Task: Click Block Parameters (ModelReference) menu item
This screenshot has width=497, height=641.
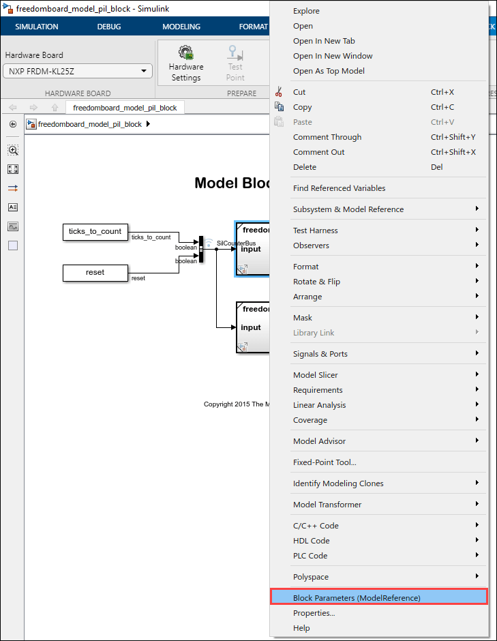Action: pyautogui.click(x=357, y=597)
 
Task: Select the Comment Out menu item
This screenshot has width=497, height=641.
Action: pyautogui.click(x=318, y=152)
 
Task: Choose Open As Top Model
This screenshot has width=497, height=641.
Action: pyautogui.click(x=329, y=71)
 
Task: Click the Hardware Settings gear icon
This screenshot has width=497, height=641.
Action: pyautogui.click(x=186, y=54)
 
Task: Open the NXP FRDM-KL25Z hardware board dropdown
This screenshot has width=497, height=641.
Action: pyautogui.click(x=78, y=71)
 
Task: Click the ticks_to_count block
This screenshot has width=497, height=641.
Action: pyautogui.click(x=95, y=232)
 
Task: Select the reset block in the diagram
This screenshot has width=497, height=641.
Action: pyautogui.click(x=95, y=273)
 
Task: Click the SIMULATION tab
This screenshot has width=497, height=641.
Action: pyautogui.click(x=37, y=27)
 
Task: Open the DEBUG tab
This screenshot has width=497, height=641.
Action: pyautogui.click(x=109, y=27)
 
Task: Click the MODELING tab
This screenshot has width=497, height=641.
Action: pyautogui.click(x=181, y=27)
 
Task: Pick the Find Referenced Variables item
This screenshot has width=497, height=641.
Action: pyautogui.click(x=339, y=188)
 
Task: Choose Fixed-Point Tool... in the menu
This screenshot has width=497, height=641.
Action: pyautogui.click(x=325, y=462)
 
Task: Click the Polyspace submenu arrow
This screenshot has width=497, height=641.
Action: pyautogui.click(x=477, y=577)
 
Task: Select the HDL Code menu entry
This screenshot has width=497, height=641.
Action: pyautogui.click(x=311, y=541)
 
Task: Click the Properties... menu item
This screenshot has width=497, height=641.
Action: pyautogui.click(x=314, y=613)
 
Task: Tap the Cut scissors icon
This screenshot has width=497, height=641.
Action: pyautogui.click(x=278, y=92)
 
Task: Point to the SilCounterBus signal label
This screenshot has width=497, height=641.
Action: pyautogui.click(x=236, y=243)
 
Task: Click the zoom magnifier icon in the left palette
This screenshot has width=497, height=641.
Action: pyautogui.click(x=13, y=150)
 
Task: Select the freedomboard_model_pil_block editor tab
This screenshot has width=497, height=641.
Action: pyautogui.click(x=125, y=108)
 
